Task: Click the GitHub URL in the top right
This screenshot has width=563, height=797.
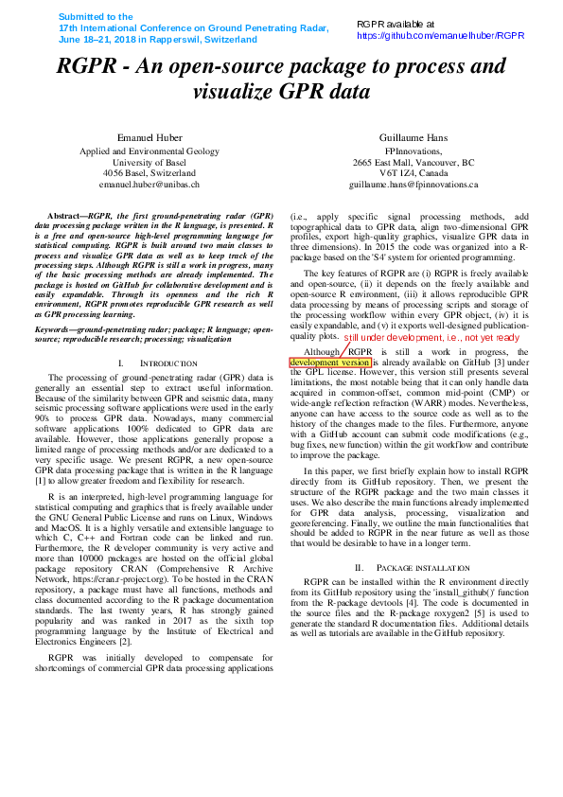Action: (x=440, y=35)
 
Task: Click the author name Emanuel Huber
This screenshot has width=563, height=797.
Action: (x=149, y=138)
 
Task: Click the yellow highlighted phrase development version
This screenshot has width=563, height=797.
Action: (x=329, y=362)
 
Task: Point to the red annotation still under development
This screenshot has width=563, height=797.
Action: (x=431, y=337)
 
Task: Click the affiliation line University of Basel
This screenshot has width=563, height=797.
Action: (x=149, y=162)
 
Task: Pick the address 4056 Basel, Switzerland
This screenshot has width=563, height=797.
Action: (x=149, y=173)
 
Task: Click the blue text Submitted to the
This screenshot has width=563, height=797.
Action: (x=96, y=17)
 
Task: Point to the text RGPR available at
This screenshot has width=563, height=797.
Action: (x=396, y=24)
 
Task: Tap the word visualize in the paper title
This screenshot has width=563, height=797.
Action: (x=233, y=92)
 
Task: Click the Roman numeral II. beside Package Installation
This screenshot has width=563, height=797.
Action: (x=359, y=567)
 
